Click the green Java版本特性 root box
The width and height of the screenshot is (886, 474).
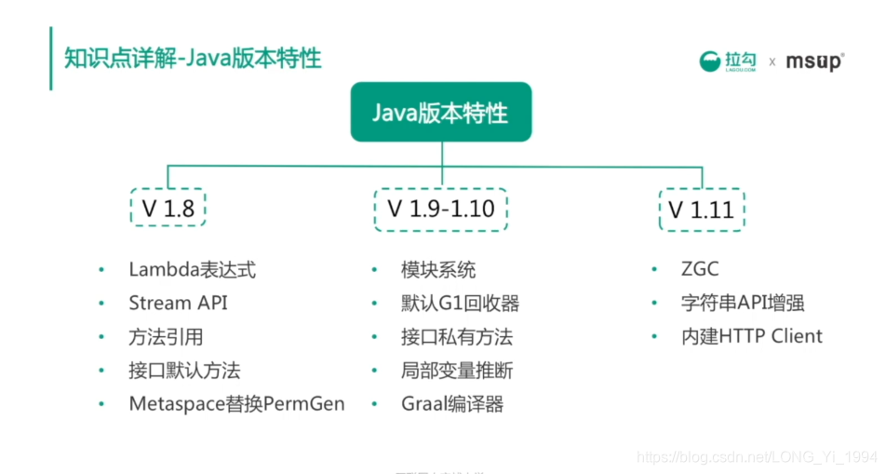440,113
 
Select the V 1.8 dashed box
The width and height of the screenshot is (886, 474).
168,209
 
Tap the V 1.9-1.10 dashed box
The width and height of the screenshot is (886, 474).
440,209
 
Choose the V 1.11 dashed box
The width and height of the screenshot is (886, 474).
701,209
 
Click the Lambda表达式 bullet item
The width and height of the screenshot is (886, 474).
192,270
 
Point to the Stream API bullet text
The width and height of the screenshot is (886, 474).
178,303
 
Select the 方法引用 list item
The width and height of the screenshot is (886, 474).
166,336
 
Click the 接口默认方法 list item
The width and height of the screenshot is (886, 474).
184,370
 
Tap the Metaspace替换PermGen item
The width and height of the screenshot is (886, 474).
236,403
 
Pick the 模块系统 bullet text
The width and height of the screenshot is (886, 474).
438,270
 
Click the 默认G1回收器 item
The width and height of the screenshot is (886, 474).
460,303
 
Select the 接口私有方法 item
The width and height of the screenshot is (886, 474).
457,336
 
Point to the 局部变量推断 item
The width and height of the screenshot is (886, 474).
457,370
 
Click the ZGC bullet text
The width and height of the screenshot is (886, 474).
700,270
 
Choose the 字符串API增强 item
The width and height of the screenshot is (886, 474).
742,303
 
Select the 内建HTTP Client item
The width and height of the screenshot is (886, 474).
751,336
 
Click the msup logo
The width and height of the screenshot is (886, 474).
814,61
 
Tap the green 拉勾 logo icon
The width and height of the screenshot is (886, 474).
711,61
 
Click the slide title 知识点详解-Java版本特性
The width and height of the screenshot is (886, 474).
193,58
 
